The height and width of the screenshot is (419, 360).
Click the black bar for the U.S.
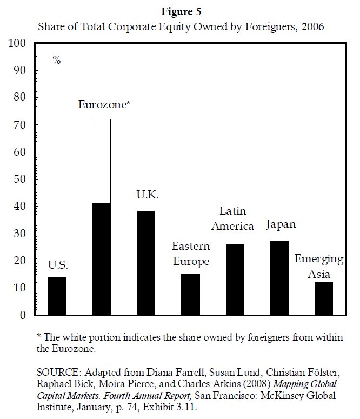[x=57, y=296]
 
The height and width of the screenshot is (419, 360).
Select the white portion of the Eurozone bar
[x=102, y=161]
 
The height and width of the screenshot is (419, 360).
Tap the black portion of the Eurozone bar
[x=102, y=259]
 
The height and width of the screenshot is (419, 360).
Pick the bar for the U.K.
[x=146, y=263]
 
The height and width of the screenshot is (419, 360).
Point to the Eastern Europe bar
[x=190, y=294]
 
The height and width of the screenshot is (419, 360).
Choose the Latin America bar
[x=235, y=280]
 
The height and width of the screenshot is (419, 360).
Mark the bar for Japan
[x=279, y=278]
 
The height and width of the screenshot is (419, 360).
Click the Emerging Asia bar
[x=324, y=298]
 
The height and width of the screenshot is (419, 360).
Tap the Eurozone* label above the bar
[x=104, y=105]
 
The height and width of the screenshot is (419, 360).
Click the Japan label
[x=281, y=224]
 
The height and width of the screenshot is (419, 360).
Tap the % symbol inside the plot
[x=57, y=60]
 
